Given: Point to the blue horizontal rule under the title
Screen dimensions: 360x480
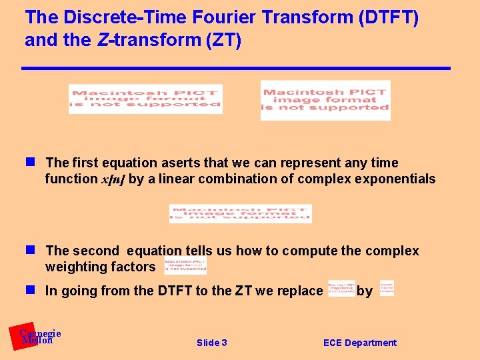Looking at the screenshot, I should point(236,68).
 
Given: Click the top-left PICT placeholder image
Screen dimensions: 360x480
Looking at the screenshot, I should point(145,99).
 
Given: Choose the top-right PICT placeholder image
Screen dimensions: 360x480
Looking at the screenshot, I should point(325,100).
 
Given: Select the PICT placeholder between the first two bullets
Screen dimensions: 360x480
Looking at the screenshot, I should point(240,213).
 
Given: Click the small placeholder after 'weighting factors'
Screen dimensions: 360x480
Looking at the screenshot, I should point(185,266).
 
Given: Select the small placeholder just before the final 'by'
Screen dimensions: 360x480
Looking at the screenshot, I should point(341,288).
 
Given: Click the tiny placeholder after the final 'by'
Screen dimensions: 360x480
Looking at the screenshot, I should point(387,288).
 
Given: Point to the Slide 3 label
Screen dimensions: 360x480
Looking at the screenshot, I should point(212,343).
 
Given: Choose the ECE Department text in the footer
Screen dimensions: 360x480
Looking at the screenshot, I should point(359,343).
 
